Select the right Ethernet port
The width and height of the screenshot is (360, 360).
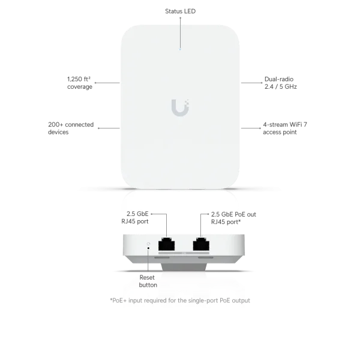[200, 244]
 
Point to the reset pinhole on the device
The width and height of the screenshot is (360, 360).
[149, 244]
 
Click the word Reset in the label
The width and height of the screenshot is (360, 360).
[147, 278]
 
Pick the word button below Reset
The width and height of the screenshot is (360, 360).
[147, 286]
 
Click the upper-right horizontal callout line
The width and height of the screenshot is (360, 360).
[252, 84]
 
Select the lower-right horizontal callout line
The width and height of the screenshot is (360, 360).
[252, 127]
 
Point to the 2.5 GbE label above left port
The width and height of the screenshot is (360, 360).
[137, 215]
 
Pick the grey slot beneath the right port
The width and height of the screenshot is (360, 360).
[201, 259]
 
